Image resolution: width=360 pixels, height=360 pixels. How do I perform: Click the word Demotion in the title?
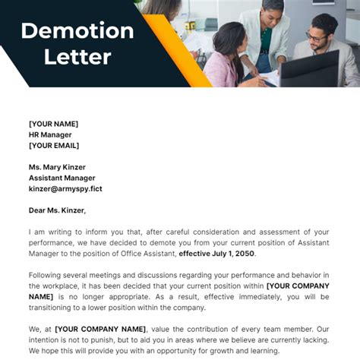pyautogui.click(x=77, y=31)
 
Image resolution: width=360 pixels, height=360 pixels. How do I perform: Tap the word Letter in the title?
pyautogui.click(x=77, y=56)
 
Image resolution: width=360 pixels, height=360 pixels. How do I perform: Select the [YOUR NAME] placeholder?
pyautogui.click(x=53, y=124)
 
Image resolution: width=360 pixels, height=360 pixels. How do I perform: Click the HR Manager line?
pyautogui.click(x=51, y=134)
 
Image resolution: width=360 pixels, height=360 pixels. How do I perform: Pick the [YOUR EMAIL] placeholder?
pyautogui.click(x=54, y=145)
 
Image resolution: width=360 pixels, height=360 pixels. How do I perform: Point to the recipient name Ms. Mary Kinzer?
pyautogui.click(x=57, y=167)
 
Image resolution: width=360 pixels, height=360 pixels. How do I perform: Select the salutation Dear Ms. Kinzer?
pyautogui.click(x=57, y=210)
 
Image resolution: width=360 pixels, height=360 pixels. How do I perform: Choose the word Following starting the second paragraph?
pyautogui.click(x=49, y=275)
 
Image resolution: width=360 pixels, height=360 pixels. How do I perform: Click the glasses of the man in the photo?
pyautogui.click(x=314, y=36)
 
